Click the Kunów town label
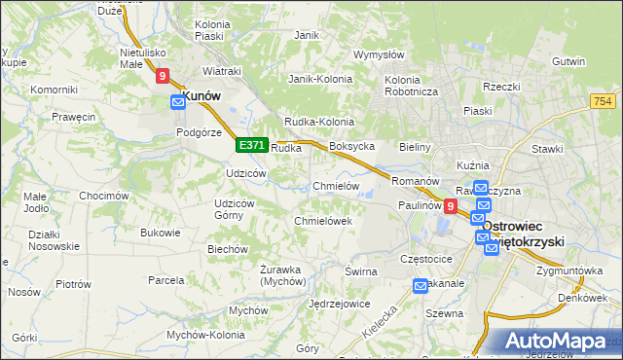point(202,96)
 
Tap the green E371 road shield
point(251,145)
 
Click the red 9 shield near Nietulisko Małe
point(163,74)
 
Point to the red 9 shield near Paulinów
point(450,205)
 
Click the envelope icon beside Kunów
point(178,101)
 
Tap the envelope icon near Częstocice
point(421,285)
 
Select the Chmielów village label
point(337,186)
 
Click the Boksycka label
point(352,146)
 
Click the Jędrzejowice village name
point(338,304)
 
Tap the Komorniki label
point(54,90)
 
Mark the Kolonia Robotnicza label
point(413,86)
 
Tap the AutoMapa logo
point(555,342)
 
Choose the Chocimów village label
point(104,196)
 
